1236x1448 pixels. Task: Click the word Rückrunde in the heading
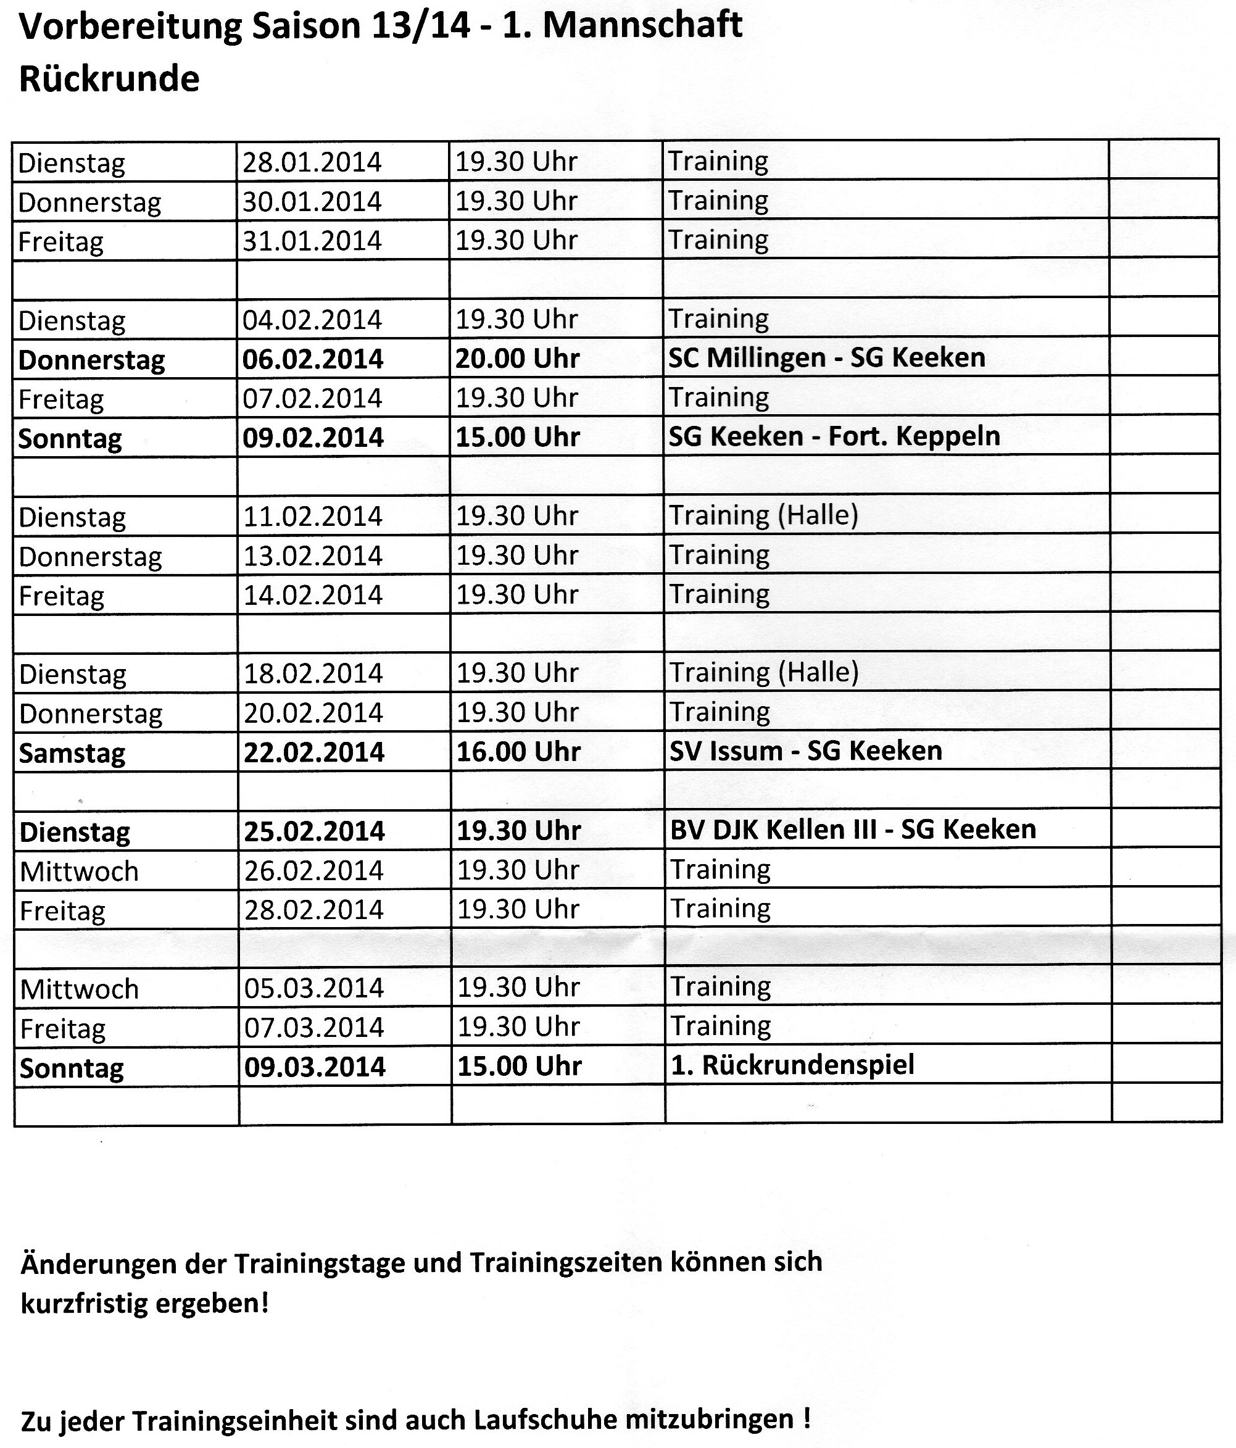click(109, 79)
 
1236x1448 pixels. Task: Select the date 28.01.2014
click(312, 162)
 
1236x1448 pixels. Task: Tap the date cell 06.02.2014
click(312, 359)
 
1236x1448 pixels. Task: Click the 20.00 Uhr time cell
click(517, 359)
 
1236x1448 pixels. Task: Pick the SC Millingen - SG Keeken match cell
click(826, 358)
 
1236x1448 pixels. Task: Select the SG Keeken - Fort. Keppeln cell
click(834, 437)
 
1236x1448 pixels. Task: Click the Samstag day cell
click(72, 752)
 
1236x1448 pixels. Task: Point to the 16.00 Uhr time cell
click(518, 752)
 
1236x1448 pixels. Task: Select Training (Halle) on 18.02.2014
click(764, 672)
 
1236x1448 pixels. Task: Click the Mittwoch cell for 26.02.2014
click(79, 872)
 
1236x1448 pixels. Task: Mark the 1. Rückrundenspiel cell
click(792, 1065)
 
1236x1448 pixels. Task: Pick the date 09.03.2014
click(315, 1067)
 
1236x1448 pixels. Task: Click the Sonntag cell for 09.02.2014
click(70, 438)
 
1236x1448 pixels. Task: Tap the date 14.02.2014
click(313, 595)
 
